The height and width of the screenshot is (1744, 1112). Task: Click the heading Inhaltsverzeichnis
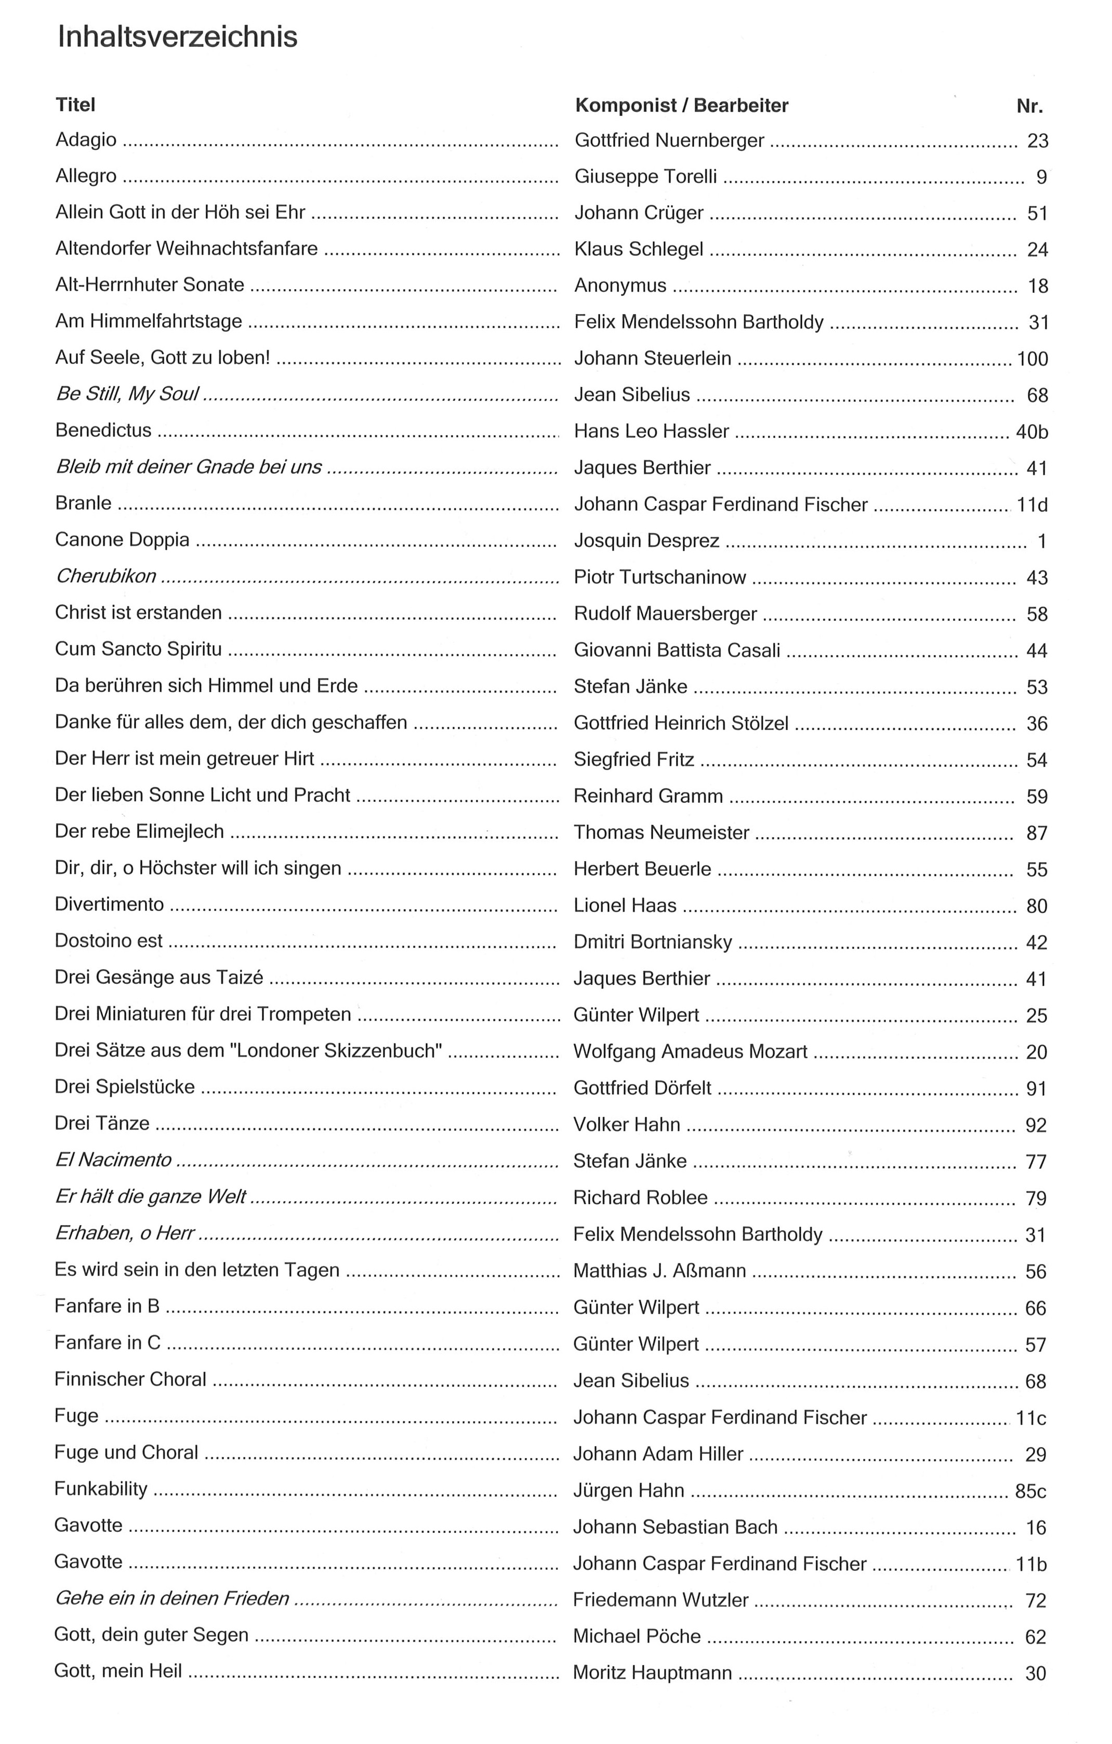point(177,37)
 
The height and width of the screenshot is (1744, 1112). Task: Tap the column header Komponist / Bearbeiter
point(681,106)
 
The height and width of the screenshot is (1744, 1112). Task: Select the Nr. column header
point(1029,107)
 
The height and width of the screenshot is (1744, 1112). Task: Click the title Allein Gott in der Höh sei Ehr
point(180,212)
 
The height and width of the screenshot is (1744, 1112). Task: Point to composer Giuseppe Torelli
point(646,177)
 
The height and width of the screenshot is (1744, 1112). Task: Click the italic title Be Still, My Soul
point(127,394)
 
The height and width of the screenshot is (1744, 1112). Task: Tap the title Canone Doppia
point(122,540)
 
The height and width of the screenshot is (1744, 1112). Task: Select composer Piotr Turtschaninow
point(659,577)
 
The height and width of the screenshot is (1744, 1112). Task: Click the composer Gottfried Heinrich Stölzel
point(681,723)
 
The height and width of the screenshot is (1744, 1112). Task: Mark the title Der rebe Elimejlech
point(140,831)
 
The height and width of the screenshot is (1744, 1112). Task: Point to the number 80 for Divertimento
point(1037,906)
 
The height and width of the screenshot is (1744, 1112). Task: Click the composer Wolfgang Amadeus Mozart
point(690,1051)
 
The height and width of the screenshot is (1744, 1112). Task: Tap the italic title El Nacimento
point(114,1160)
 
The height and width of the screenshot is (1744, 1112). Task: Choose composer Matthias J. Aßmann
point(659,1270)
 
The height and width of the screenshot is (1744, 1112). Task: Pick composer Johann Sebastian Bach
point(674,1527)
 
